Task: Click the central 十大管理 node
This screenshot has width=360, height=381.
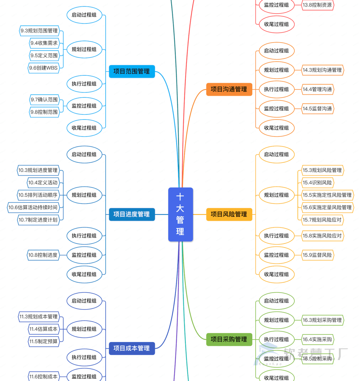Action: (x=180, y=214)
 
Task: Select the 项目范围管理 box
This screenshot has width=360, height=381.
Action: (x=132, y=71)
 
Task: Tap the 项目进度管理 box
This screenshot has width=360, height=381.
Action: (x=132, y=214)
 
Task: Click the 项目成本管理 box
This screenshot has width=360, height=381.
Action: (x=132, y=348)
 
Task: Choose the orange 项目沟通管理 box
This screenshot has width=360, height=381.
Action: (x=229, y=89)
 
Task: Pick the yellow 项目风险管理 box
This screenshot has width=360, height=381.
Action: (x=229, y=214)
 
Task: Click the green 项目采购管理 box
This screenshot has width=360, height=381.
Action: (x=229, y=339)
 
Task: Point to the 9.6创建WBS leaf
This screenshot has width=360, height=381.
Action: (x=44, y=68)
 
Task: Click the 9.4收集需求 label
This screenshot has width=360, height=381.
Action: (x=45, y=43)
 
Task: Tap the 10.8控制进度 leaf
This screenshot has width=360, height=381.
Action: (x=43, y=255)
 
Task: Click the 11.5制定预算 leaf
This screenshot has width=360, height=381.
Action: (x=44, y=341)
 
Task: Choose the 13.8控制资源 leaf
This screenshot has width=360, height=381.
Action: (x=317, y=5)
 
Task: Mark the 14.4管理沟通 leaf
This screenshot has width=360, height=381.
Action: (x=317, y=89)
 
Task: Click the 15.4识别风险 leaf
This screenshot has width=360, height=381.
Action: (x=317, y=182)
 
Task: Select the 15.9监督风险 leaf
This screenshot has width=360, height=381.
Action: (x=317, y=255)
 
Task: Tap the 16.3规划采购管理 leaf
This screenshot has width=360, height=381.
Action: (x=322, y=320)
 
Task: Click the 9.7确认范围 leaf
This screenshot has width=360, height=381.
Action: (x=45, y=100)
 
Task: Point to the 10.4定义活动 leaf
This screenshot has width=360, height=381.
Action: (x=43, y=182)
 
